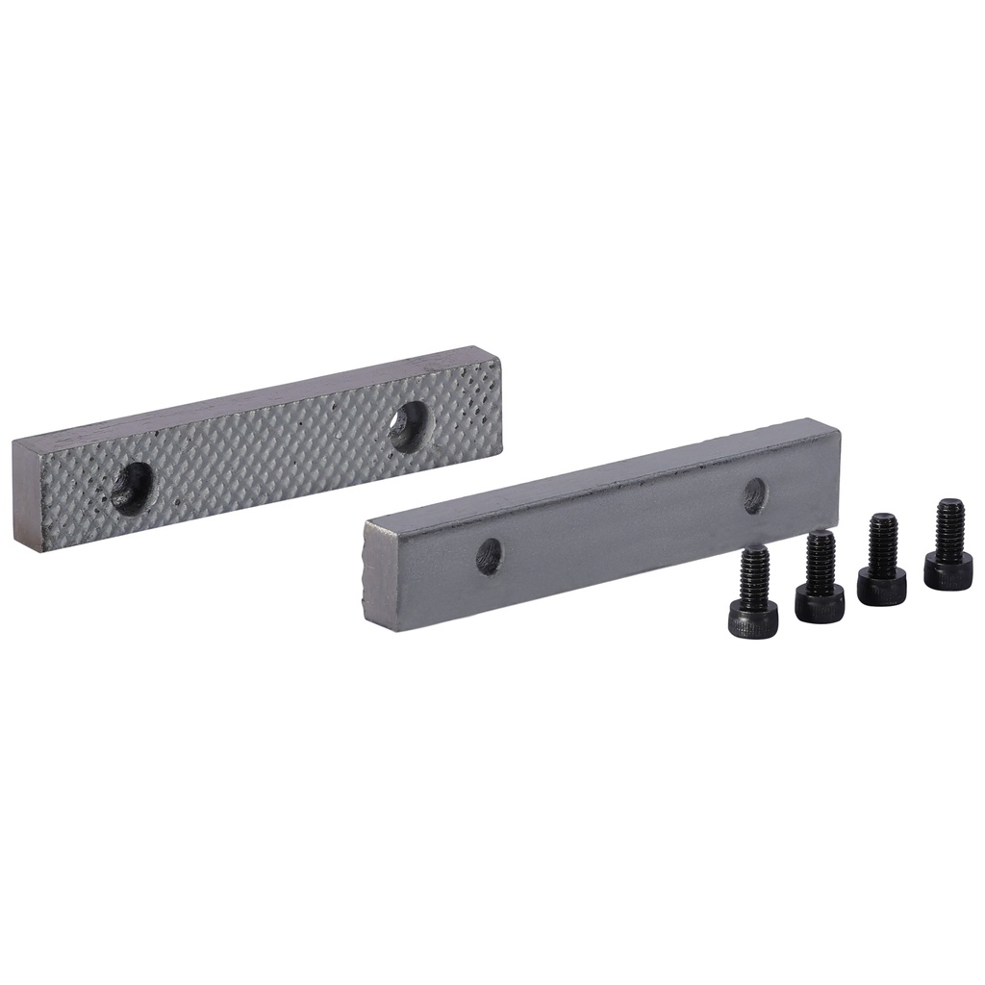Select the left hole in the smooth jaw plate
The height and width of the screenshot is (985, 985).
pyautogui.click(x=489, y=555)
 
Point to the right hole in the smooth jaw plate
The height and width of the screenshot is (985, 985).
pyautogui.click(x=755, y=494)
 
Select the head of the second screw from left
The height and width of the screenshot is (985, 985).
pyautogui.click(x=820, y=604)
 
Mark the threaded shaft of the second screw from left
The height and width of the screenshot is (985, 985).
pyautogui.click(x=821, y=556)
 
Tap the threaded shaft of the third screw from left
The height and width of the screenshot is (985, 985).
pyautogui.click(x=883, y=540)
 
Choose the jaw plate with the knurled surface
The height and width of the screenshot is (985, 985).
pyautogui.click(x=260, y=452)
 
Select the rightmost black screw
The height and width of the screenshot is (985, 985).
pyautogui.click(x=948, y=546)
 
